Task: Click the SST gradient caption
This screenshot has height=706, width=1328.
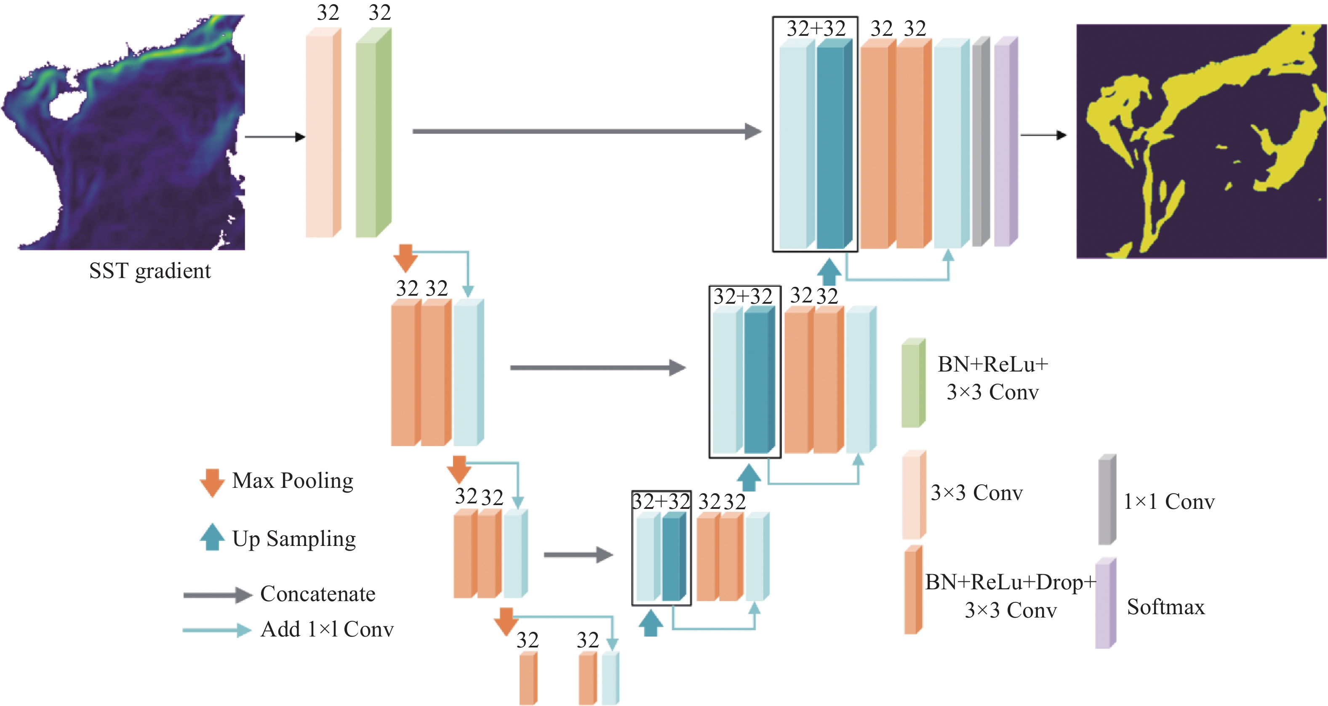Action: [x=149, y=271]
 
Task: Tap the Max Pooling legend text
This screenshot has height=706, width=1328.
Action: [x=292, y=481]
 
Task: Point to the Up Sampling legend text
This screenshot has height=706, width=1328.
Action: [x=294, y=539]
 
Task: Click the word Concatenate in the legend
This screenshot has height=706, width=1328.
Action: [x=317, y=594]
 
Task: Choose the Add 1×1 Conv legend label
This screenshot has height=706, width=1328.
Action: [x=327, y=629]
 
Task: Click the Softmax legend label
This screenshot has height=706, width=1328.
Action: [x=1165, y=607]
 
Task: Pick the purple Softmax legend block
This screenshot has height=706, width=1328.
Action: [x=1105, y=603]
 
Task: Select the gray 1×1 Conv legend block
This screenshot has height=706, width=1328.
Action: [x=1107, y=499]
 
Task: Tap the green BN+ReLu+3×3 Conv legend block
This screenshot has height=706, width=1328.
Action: [x=913, y=383]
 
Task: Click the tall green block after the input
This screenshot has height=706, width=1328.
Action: [x=373, y=133]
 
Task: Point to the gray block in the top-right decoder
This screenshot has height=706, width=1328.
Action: [x=981, y=142]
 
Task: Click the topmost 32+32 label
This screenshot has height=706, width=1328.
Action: [x=816, y=28]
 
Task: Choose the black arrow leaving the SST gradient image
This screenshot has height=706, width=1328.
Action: [x=275, y=136]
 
